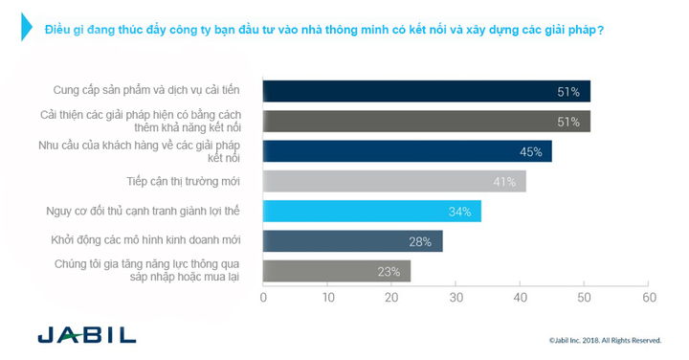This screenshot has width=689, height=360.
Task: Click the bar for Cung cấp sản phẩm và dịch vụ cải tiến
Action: [x=426, y=92]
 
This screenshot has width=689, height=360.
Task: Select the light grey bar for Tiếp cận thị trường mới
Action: [x=394, y=181]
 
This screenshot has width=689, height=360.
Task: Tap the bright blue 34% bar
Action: [x=372, y=211]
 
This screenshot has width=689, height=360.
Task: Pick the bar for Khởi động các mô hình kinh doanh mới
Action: [x=352, y=240]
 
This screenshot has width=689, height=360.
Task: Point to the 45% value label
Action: [x=531, y=151]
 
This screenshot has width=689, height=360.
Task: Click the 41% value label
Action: [x=505, y=181]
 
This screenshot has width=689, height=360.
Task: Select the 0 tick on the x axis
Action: [x=264, y=298]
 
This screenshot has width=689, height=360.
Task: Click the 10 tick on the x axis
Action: [x=328, y=298]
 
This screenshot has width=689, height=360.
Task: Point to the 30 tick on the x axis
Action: [x=456, y=298]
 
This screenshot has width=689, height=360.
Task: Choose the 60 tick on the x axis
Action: [x=649, y=298]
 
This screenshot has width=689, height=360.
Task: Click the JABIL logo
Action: [x=86, y=336]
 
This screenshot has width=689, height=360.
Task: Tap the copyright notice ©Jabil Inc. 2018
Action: [x=605, y=340]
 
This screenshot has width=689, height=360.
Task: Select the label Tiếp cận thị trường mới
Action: [x=183, y=181]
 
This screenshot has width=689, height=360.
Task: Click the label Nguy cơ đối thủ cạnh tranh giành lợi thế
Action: [x=143, y=211]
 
